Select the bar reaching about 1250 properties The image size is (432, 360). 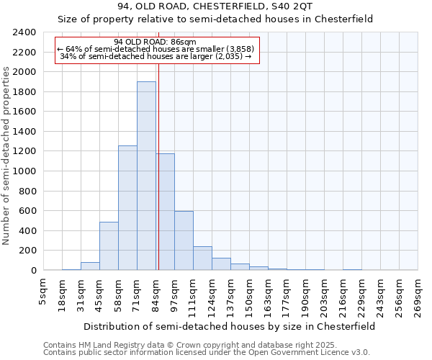tap(127, 209)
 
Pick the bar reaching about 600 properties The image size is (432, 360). tap(184, 241)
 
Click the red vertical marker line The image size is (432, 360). tap(158, 180)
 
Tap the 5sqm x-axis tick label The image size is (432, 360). tap(44, 291)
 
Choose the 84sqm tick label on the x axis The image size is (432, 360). tap(156, 291)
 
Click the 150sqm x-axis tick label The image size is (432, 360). tap(250, 293)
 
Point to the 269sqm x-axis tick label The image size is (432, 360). tap(418, 293)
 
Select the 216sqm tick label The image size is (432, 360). tap(343, 293)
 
